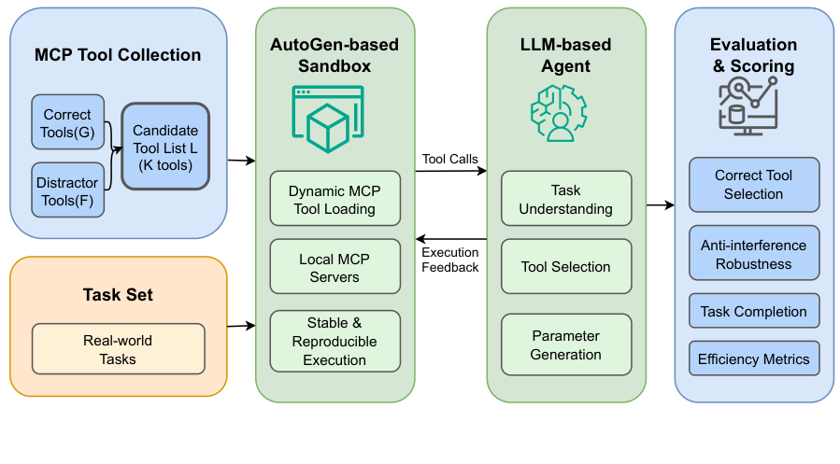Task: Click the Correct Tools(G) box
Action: coord(67,122)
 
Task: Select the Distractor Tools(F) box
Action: coord(67,190)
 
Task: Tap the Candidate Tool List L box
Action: coord(165,147)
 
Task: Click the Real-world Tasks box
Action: coord(118,350)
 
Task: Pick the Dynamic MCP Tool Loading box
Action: coord(335,199)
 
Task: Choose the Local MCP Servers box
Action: coord(335,267)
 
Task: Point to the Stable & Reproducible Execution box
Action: coord(335,342)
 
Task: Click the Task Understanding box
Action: coord(566,199)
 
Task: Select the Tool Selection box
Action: coord(566,267)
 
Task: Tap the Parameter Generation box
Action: coord(566,344)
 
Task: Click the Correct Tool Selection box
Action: coord(753,185)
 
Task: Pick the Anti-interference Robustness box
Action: coord(753,254)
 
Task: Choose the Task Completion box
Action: coord(753,312)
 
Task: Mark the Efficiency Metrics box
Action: coord(753,359)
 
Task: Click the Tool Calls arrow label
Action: coord(450,159)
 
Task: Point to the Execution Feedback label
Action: coord(450,260)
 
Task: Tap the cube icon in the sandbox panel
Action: coord(329,120)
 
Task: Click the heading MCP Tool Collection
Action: coord(118,55)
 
